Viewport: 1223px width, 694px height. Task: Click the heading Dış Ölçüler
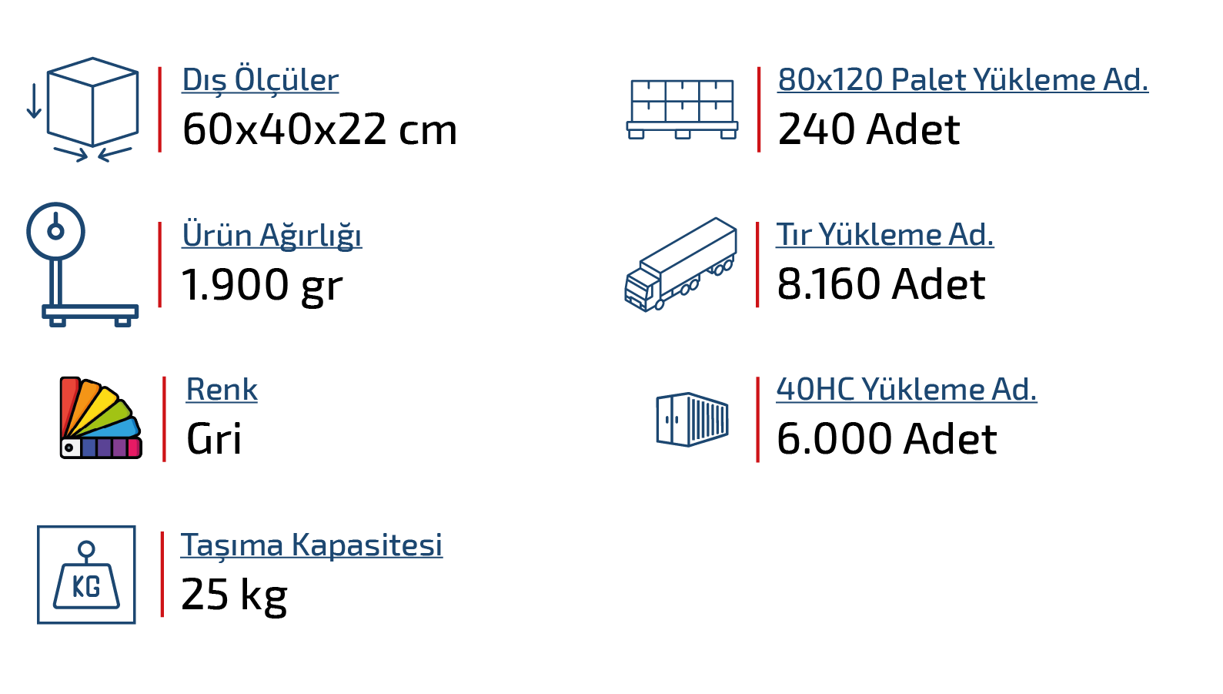[x=260, y=80]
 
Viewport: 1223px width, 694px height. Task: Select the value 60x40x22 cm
[x=319, y=129]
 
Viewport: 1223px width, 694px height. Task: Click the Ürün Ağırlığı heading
[x=272, y=235]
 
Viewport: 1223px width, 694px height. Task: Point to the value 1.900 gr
[x=262, y=285]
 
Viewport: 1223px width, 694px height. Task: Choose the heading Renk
[x=222, y=390]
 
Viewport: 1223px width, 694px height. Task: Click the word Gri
[x=214, y=440]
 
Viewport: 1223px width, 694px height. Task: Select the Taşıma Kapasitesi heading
[x=312, y=545]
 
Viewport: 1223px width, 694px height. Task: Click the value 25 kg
[x=234, y=595]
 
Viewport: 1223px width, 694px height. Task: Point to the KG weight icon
[x=86, y=575]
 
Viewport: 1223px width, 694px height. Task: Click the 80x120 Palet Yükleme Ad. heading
[x=962, y=79]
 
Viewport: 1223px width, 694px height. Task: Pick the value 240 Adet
[x=868, y=129]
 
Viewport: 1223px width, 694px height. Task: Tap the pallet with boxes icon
[x=682, y=109]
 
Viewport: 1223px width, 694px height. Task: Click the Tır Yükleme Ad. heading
[x=885, y=235]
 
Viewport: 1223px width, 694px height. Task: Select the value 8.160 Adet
[x=880, y=284]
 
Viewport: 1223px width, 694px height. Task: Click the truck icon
[x=680, y=264]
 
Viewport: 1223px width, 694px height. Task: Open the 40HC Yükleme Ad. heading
[x=906, y=390]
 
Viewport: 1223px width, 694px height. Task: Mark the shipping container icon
[x=692, y=419]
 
